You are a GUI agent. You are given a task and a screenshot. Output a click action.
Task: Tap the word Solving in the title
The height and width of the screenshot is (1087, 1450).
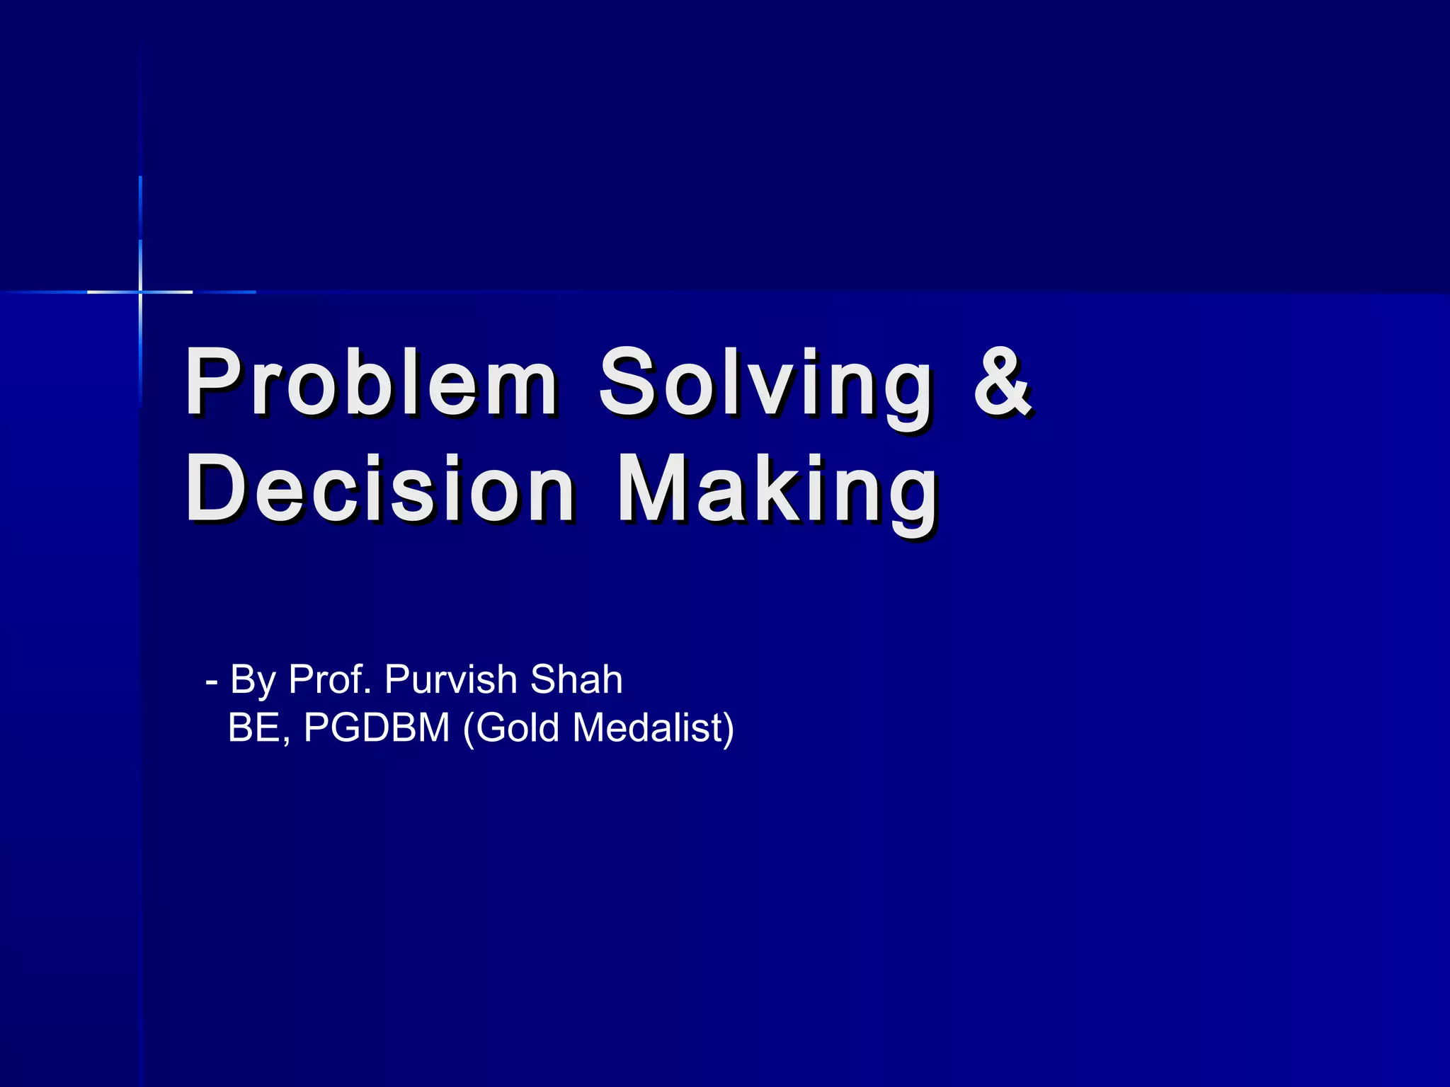766,388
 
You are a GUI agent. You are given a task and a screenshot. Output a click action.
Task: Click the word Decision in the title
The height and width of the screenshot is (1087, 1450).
380,490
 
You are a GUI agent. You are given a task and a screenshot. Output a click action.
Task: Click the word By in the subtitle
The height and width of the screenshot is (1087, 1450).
253,681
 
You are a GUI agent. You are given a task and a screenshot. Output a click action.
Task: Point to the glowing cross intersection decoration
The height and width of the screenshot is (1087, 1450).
140,292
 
